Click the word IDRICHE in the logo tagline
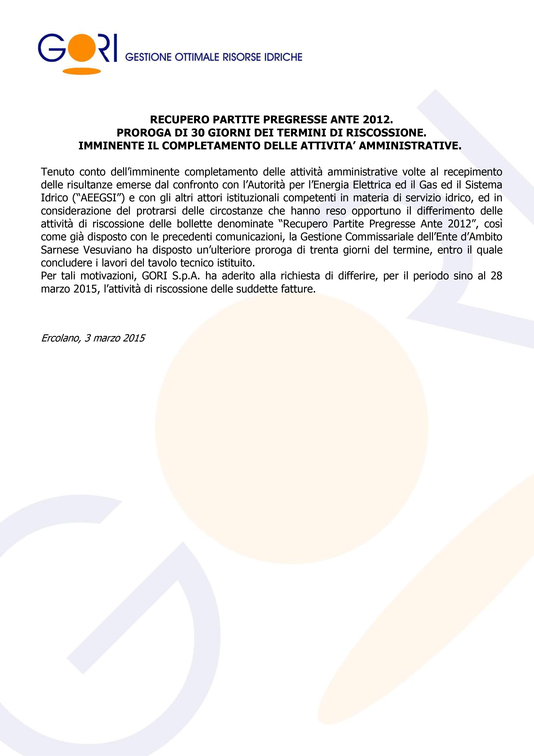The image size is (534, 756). (283, 57)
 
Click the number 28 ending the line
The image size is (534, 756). (496, 276)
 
